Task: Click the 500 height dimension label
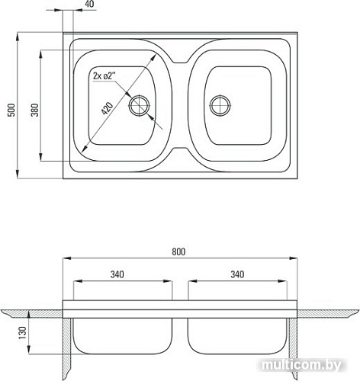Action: (x=11, y=110)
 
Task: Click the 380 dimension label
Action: (x=35, y=110)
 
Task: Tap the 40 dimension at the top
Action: (x=88, y=4)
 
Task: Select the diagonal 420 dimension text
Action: (x=107, y=108)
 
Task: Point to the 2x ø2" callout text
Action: (x=104, y=75)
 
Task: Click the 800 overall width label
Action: (x=178, y=251)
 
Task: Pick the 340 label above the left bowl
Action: (x=117, y=274)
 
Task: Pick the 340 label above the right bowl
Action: (x=237, y=274)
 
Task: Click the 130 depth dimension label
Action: (x=23, y=332)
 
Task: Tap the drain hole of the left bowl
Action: (x=140, y=106)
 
